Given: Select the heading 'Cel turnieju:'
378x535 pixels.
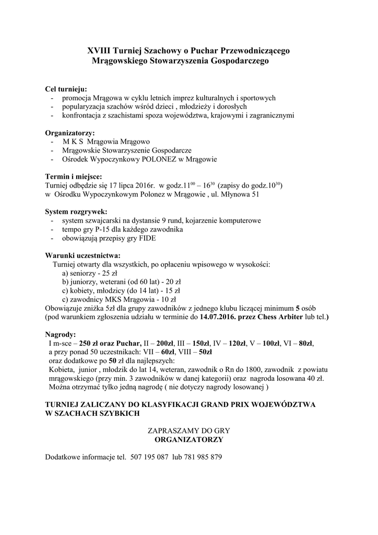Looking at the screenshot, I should pos(66,89).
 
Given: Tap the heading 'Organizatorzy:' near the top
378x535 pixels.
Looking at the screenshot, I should pos(70,133).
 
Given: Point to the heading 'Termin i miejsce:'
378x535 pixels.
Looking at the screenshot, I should pos(74,176).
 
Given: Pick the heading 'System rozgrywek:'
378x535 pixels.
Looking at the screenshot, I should pos(76,212).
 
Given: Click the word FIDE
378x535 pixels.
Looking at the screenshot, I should pos(146,238).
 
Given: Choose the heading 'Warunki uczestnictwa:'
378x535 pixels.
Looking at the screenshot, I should pos(82,255).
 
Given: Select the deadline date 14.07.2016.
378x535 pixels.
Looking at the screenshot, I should pos(217,317).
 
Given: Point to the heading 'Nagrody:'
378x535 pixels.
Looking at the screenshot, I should pos(61,334).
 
